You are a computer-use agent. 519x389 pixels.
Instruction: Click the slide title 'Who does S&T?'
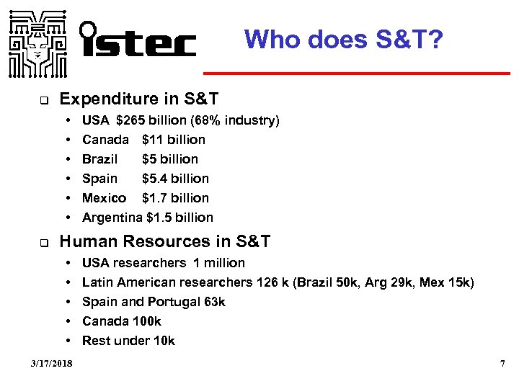point(343,39)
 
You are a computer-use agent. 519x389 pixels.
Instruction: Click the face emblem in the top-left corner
point(38,43)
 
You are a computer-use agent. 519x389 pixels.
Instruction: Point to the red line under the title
point(355,73)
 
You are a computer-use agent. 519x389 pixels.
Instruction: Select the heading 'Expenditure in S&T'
point(139,98)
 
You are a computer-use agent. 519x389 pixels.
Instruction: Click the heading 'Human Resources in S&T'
point(165,242)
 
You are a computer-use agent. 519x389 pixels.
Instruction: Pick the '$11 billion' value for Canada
point(174,140)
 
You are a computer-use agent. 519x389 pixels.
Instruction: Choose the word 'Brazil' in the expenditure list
point(100,159)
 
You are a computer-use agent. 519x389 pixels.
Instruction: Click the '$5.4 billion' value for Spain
point(175,179)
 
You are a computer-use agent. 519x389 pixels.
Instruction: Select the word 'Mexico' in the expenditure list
point(105,198)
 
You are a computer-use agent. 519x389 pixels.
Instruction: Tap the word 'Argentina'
point(112,218)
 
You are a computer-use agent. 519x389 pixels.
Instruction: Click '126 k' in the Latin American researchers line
point(272,282)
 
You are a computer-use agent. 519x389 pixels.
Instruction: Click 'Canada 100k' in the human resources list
point(122,321)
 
